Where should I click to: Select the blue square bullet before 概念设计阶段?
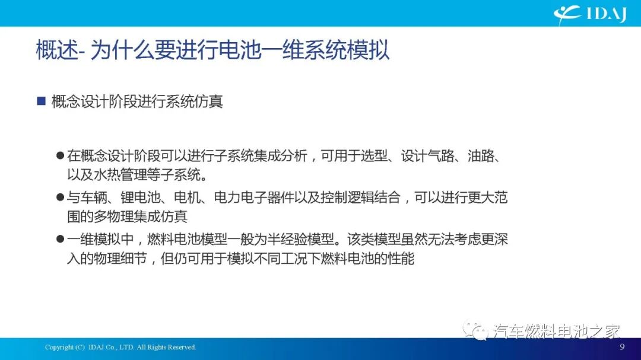[41, 101]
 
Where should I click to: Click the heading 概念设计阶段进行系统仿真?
[137, 101]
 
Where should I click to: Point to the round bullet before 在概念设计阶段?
[59, 156]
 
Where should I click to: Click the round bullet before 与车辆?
[59, 197]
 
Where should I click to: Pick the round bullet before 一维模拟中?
[59, 239]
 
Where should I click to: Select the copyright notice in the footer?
[120, 347]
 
